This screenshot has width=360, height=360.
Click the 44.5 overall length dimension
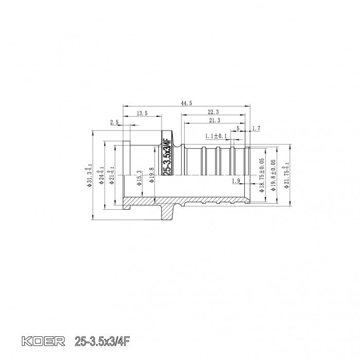coord(187,103)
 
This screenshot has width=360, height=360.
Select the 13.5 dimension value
coord(142,113)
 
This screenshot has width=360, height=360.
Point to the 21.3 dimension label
coord(215,120)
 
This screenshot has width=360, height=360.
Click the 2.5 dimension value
coord(114,122)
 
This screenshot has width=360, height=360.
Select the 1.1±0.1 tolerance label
coord(216,136)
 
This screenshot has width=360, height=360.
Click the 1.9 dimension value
coord(236,181)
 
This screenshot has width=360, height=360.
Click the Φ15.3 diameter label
coord(139,177)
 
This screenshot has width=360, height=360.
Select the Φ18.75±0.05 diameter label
coord(262,175)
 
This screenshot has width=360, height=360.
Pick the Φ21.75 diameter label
coord(286,174)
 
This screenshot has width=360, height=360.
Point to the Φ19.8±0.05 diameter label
coord(274,175)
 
